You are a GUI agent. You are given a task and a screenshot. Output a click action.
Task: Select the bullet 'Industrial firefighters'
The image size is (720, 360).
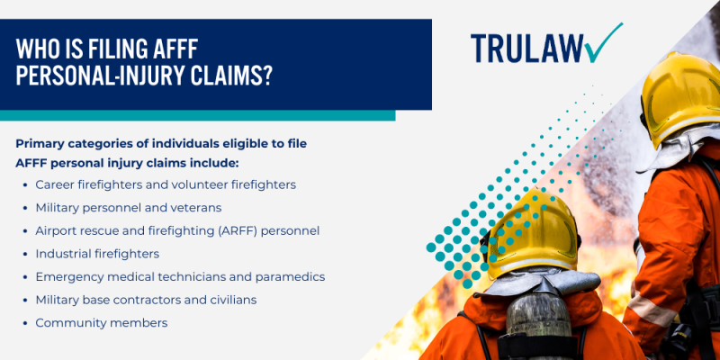97,254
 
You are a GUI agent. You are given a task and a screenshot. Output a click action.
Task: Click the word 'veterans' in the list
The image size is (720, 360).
195,207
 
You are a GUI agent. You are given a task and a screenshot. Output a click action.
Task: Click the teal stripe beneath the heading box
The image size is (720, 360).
197,115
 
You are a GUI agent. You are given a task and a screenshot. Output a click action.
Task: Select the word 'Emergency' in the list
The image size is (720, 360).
68,276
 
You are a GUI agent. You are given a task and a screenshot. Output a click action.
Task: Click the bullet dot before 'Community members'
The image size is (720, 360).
24,322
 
